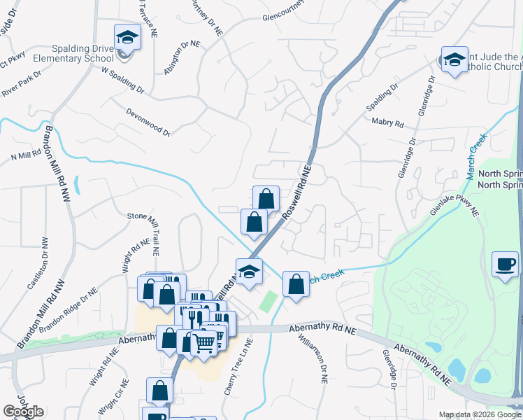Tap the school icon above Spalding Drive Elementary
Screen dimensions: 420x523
coord(127,36)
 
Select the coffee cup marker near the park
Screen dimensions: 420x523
coord(505,265)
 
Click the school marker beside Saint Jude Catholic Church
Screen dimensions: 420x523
coord(454,61)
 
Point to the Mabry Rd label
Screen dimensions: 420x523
coord(389,124)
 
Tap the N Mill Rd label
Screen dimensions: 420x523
coord(26,155)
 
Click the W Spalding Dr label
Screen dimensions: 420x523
coord(122,80)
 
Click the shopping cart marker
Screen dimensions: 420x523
coord(203,343)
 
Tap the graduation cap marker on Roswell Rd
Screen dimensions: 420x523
coord(248,271)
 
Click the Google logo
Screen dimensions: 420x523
coord(24,412)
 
